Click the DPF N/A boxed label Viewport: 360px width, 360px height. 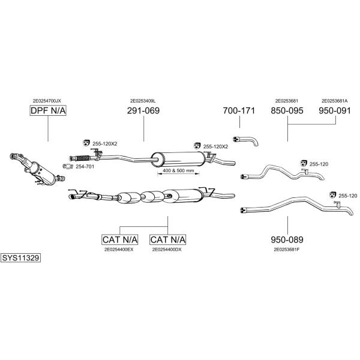(x=48, y=110)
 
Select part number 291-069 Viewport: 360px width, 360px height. (x=143, y=110)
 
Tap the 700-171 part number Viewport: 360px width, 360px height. (x=239, y=110)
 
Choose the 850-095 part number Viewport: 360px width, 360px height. (x=287, y=110)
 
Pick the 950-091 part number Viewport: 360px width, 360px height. (x=335, y=110)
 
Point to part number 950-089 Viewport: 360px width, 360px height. (x=287, y=239)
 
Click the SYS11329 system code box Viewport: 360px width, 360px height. (x=20, y=258)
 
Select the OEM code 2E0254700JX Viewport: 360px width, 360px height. (x=47, y=101)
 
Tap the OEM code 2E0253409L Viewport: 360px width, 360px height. (x=143, y=101)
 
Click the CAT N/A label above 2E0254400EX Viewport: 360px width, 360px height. (x=120, y=239)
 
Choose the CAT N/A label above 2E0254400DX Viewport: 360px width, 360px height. (x=168, y=239)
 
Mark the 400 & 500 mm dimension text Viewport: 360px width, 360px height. (x=178, y=170)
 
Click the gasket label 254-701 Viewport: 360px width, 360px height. (x=85, y=166)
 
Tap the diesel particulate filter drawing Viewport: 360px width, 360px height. (x=37, y=169)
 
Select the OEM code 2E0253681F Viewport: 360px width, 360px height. (x=287, y=250)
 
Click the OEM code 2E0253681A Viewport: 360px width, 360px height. (x=335, y=101)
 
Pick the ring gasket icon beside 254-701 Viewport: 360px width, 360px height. (x=68, y=166)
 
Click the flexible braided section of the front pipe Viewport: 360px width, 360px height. (x=83, y=158)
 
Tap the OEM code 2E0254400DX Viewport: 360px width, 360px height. (x=167, y=250)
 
